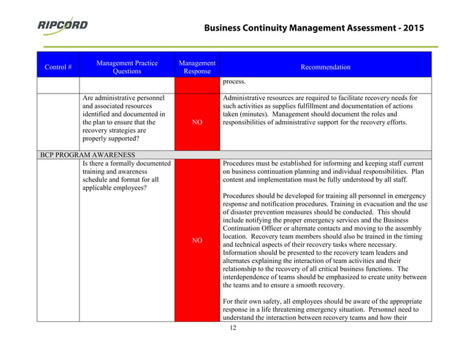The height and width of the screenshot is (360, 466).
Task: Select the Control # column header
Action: click(58, 67)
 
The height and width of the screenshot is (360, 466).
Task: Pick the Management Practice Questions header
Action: click(127, 67)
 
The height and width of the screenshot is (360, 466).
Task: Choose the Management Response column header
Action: click(196, 67)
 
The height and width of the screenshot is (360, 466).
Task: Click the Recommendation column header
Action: click(325, 67)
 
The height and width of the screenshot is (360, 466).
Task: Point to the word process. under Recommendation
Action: click(235, 82)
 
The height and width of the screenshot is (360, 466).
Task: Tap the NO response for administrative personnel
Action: click(196, 123)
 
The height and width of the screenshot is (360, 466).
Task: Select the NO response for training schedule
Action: click(196, 240)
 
